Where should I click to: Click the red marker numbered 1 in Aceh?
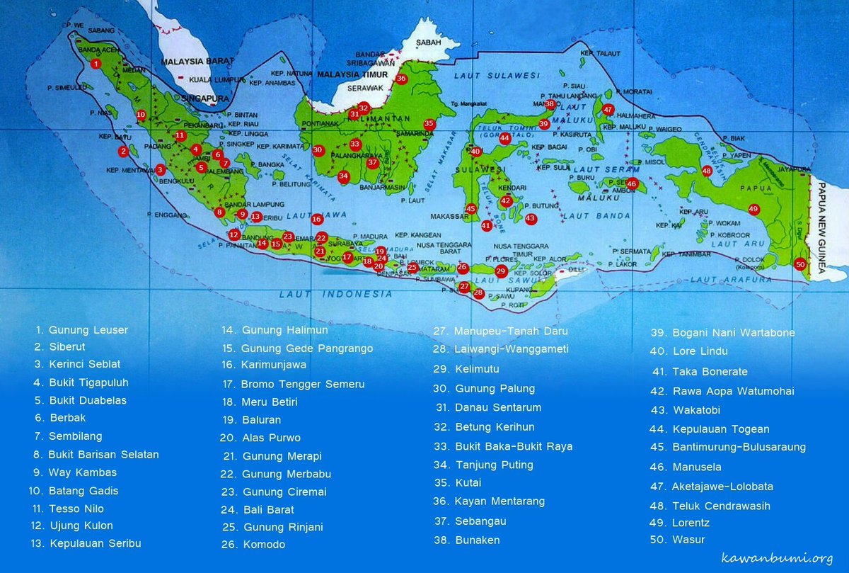(x=96, y=64)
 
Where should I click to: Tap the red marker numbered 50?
(x=800, y=264)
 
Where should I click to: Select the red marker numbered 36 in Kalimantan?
(x=401, y=79)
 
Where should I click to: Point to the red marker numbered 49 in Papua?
(x=753, y=209)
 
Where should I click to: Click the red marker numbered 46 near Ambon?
(x=632, y=184)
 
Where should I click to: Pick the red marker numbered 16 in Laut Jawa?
(x=317, y=220)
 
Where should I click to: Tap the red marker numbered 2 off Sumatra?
(x=124, y=151)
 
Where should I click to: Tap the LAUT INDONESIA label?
(x=335, y=293)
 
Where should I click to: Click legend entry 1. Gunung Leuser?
(x=82, y=330)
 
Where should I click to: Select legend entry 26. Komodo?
(x=253, y=545)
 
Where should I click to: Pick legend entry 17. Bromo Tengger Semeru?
(x=293, y=384)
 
